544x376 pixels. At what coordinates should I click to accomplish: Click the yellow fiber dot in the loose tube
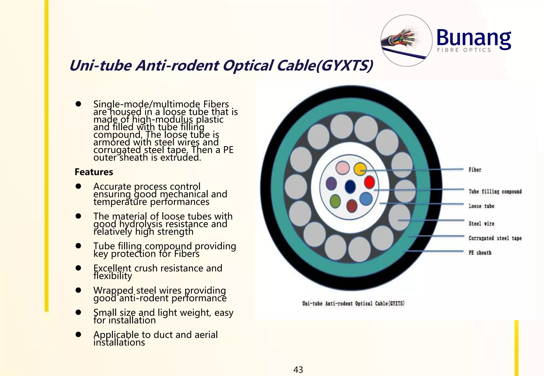[x=360, y=169]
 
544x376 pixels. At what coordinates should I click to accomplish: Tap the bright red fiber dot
[x=369, y=182]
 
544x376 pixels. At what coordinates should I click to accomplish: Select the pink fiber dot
[x=342, y=168]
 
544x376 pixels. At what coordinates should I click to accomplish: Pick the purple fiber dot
[x=331, y=183]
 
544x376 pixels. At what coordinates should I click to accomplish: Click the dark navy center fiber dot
[x=350, y=186]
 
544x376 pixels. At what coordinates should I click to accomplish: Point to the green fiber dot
[x=335, y=201]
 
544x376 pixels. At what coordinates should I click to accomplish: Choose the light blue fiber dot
[x=366, y=199]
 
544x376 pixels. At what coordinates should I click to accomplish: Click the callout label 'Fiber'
[x=475, y=170]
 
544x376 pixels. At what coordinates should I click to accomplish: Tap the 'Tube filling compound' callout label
[x=495, y=191]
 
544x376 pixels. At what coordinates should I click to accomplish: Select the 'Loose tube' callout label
[x=481, y=206]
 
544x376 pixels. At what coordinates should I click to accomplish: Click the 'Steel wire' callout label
[x=481, y=224]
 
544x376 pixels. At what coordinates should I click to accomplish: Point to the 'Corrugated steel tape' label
[x=495, y=238]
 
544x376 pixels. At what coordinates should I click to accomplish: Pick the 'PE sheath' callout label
[x=480, y=253]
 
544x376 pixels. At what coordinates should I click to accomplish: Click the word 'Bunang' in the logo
[x=474, y=38]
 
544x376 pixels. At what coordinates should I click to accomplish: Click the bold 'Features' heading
[x=94, y=172]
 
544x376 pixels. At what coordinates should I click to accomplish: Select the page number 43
[x=298, y=369]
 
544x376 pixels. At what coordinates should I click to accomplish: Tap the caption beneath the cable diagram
[x=353, y=303]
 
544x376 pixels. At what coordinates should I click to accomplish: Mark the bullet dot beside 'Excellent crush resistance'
[x=78, y=268]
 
